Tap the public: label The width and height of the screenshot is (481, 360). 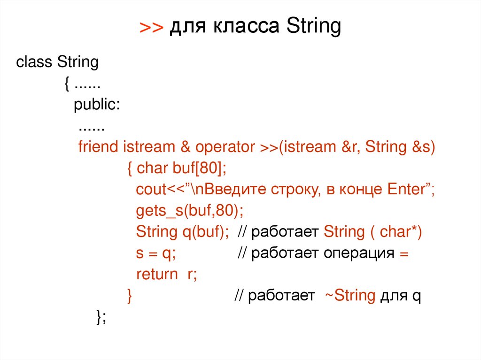97,105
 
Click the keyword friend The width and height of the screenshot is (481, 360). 98,147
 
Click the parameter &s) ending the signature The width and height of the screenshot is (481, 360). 424,147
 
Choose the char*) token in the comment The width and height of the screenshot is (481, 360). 401,232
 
